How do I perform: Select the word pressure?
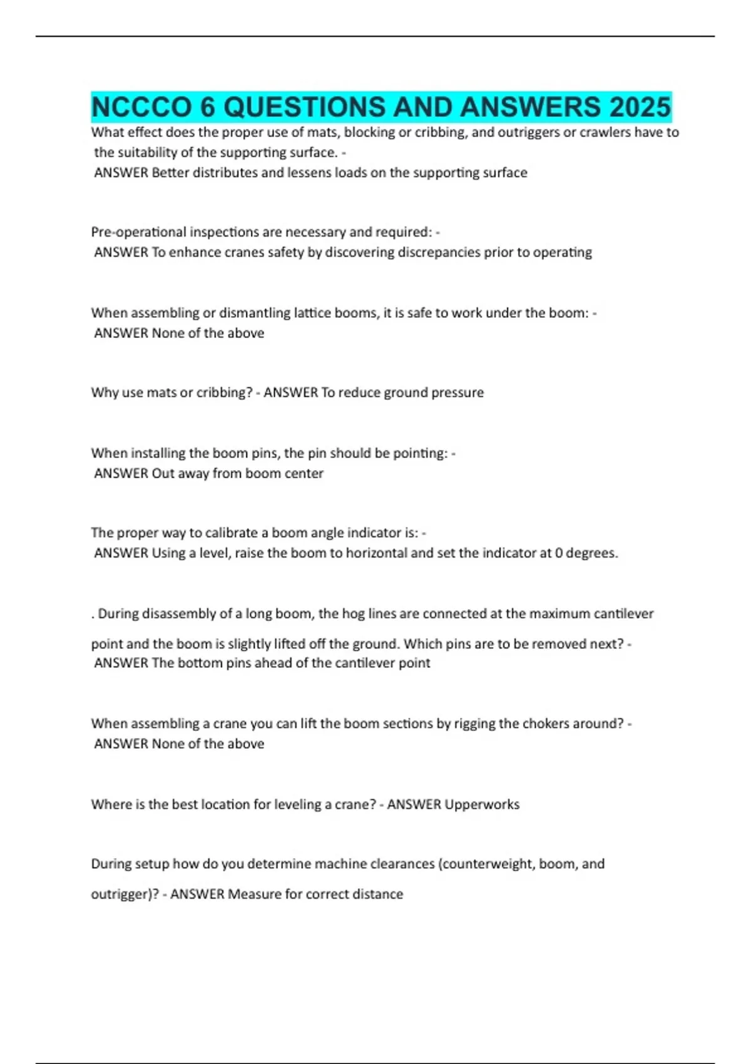(459, 392)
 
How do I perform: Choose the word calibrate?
(225, 533)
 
